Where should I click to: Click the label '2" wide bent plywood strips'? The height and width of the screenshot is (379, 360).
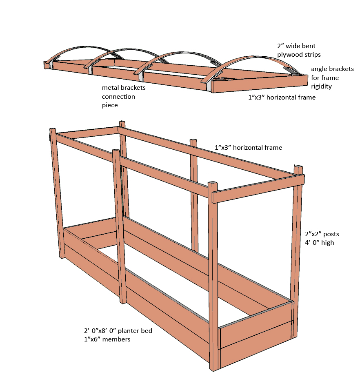click(296, 50)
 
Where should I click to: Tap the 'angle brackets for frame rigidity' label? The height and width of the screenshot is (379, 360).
click(332, 78)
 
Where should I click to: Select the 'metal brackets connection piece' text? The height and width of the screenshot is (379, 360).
click(124, 96)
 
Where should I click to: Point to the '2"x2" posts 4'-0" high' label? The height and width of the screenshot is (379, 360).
click(322, 239)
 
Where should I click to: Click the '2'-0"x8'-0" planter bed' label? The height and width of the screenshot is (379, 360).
click(116, 331)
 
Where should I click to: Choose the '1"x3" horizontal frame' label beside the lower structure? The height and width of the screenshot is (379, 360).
click(248, 147)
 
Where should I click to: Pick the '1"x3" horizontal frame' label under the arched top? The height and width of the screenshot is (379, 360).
click(282, 98)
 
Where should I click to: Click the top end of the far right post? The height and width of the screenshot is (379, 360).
click(300, 168)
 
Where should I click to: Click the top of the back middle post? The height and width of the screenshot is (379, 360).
click(193, 141)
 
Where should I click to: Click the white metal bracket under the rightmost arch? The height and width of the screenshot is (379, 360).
click(209, 86)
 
